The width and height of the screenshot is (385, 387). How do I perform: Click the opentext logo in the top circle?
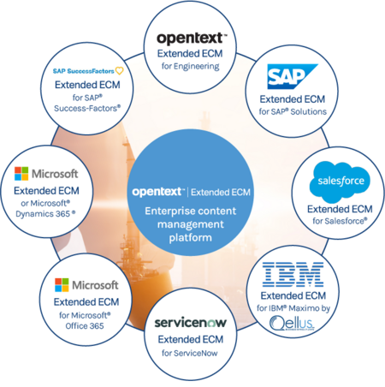pos(190,39)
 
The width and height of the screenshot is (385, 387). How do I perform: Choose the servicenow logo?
pos(190,324)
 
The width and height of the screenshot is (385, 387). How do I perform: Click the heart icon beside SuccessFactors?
pos(121,71)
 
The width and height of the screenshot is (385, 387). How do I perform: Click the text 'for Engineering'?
pos(190,66)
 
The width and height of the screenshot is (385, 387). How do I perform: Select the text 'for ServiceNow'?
pos(190,354)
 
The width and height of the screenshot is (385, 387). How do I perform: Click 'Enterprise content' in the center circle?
pos(190,211)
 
